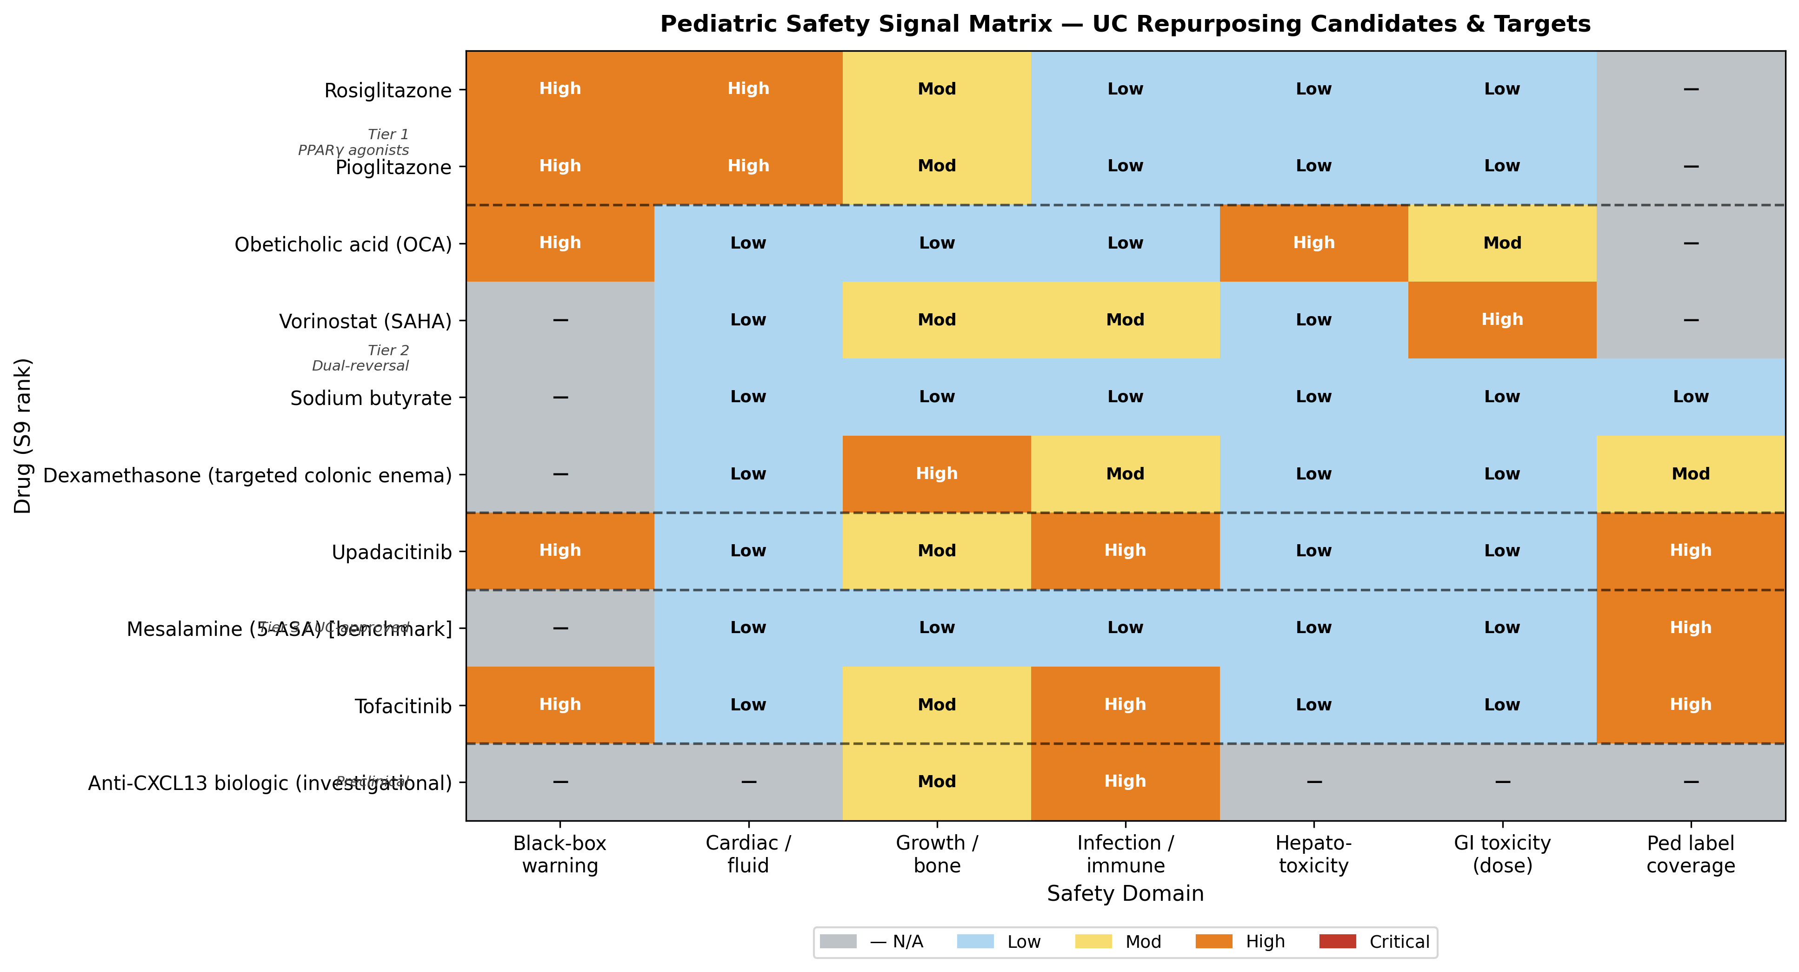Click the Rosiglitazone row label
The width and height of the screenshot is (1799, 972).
(x=387, y=91)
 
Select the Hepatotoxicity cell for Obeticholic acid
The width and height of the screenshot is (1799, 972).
(x=1313, y=243)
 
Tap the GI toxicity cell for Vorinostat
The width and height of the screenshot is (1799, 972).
(x=1502, y=320)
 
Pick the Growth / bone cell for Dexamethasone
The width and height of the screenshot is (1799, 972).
(x=937, y=474)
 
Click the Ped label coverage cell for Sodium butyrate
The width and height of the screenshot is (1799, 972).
(x=1690, y=397)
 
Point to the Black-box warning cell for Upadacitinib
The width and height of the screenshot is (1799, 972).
(x=560, y=551)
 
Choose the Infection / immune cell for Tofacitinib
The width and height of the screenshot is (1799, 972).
(x=1125, y=704)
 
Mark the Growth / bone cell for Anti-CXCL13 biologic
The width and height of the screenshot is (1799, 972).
(x=937, y=781)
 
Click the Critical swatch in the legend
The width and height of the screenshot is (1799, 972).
(x=1337, y=941)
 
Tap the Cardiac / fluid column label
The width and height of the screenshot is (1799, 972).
(x=748, y=854)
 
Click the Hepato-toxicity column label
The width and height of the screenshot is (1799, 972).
(x=1313, y=854)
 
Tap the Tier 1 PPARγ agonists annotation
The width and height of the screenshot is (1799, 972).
(x=353, y=142)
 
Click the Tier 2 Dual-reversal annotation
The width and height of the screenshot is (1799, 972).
(x=360, y=358)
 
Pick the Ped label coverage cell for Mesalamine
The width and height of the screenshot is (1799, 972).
(x=1690, y=628)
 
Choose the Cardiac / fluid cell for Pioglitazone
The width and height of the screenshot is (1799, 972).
(x=748, y=166)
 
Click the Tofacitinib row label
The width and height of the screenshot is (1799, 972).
(x=403, y=707)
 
